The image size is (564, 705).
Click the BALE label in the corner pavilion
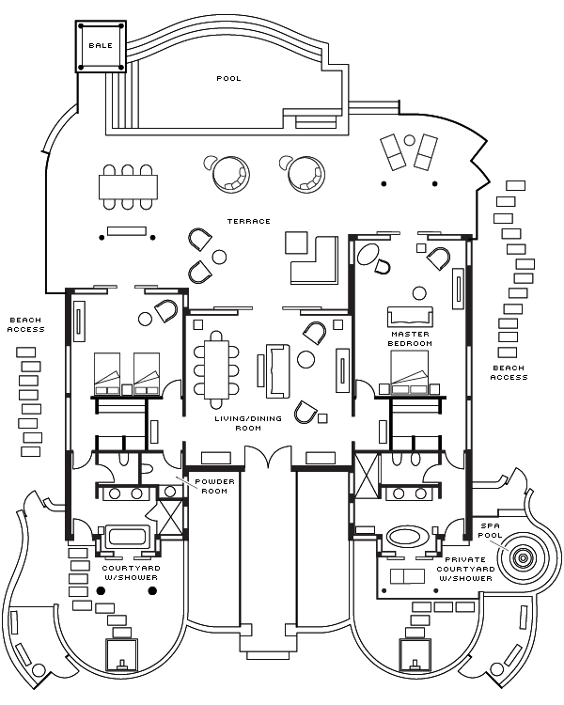[99, 45]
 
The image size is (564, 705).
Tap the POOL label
[228, 79]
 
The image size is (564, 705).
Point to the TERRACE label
[248, 222]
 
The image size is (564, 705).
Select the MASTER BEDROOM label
[411, 339]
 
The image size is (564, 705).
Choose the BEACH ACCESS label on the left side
[26, 324]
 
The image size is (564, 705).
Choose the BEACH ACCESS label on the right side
[509, 372]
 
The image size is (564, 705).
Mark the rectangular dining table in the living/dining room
[215, 366]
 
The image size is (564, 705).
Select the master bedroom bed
[410, 374]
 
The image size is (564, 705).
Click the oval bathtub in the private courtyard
[406, 538]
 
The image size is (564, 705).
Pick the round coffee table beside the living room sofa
[306, 359]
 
